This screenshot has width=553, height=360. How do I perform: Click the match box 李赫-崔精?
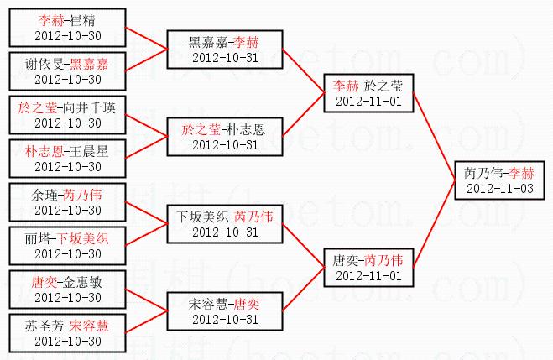point(68,28)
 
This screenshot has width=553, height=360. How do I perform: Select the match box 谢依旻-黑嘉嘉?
point(68,71)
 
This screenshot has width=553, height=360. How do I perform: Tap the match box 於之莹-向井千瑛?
point(68,115)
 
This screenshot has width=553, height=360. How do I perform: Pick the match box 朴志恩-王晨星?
point(68,159)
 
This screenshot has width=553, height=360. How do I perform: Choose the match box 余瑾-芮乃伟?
point(68,202)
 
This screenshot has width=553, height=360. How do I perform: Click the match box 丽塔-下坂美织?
point(68,246)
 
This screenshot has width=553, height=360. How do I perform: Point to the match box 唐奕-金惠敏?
point(68,290)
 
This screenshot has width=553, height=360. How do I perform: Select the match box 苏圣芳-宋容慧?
point(68,333)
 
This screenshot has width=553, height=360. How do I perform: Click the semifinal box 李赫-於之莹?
point(368,93)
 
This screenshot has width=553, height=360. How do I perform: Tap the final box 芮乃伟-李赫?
point(498,180)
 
